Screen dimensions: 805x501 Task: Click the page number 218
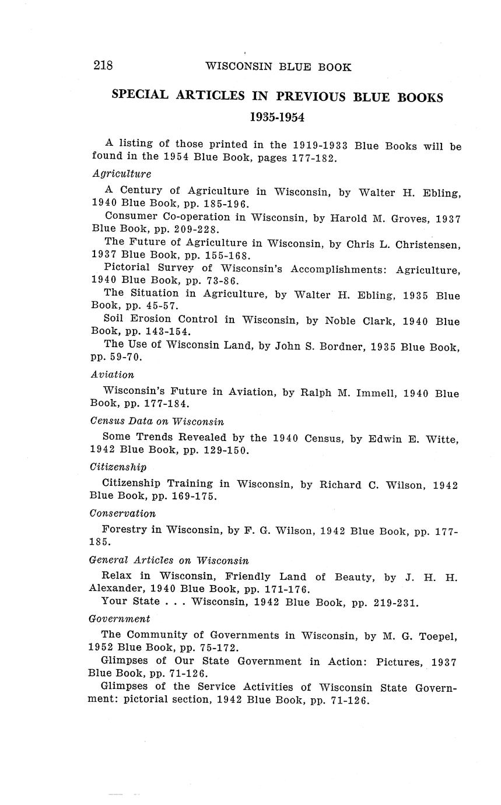click(103, 65)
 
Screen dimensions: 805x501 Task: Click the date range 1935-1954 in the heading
click(277, 117)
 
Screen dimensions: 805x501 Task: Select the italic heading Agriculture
click(122, 174)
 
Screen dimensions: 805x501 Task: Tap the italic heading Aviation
click(113, 374)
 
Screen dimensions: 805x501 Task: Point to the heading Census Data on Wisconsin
click(157, 421)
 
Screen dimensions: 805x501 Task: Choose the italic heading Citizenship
click(118, 467)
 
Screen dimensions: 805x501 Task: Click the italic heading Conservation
click(123, 513)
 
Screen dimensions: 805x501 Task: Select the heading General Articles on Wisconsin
click(169, 560)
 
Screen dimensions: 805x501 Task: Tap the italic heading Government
click(119, 618)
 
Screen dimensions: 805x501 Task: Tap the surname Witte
click(443, 439)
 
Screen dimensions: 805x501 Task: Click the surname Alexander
click(115, 589)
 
